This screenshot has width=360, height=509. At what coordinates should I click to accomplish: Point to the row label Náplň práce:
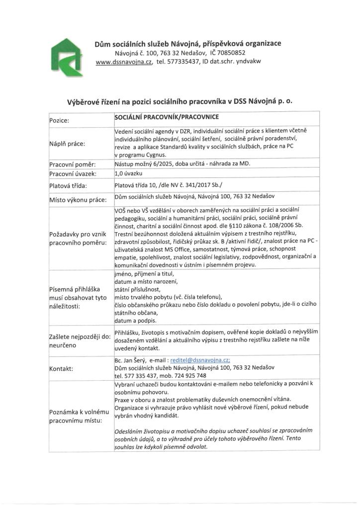67,144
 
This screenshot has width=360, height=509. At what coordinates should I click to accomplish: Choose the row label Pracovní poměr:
72,164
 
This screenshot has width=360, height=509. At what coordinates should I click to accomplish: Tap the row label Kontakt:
61,369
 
